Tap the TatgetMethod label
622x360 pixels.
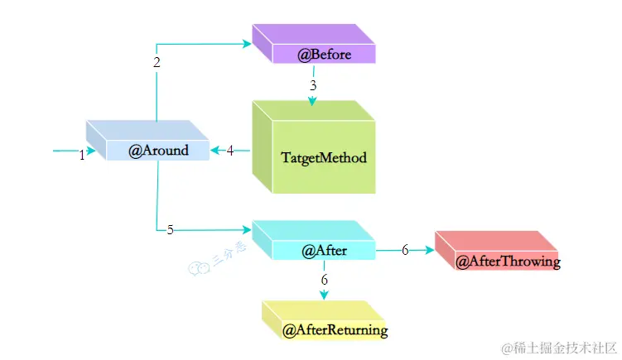pos(323,156)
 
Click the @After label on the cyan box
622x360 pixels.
pos(324,250)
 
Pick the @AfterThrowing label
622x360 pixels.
pos(509,262)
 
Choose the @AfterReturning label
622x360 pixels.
pos(335,330)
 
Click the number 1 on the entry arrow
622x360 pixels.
pos(82,156)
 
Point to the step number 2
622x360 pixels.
pos(157,62)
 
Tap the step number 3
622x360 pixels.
pos(313,85)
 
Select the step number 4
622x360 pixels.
pos(230,150)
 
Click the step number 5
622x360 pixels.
pos(170,230)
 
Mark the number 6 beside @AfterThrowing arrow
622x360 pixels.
pos(405,250)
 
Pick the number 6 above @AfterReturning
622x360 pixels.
pos(324,280)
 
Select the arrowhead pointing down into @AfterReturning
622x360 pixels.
pos(324,294)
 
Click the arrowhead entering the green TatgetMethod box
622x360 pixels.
pos(313,101)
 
